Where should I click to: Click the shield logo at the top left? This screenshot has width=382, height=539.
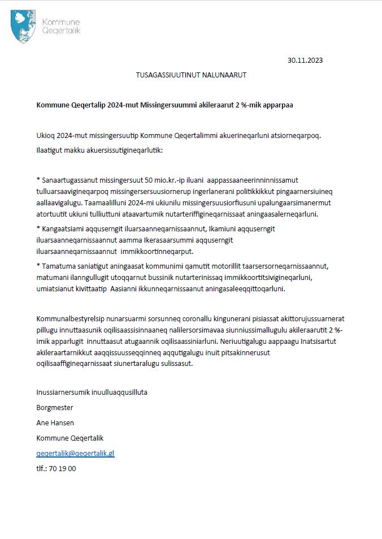tap(23, 26)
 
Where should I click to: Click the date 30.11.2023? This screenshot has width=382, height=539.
tap(305, 60)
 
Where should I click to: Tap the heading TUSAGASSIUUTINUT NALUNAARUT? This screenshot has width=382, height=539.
tap(191, 75)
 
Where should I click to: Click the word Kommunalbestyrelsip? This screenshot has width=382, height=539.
tap(73, 320)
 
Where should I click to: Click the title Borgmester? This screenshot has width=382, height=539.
tap(55, 408)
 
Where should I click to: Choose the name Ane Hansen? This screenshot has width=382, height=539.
tap(55, 423)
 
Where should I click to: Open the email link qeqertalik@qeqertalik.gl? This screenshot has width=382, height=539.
tap(76, 454)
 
